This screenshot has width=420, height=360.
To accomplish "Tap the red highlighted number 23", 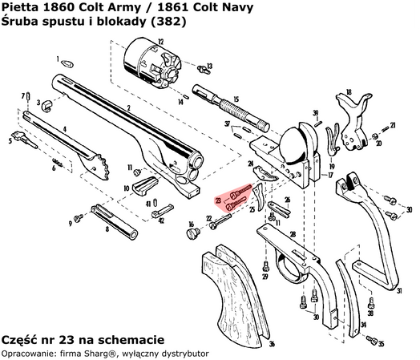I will (218, 200).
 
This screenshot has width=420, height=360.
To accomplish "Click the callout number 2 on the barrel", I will (128, 109).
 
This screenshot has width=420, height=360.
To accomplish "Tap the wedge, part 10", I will (144, 185).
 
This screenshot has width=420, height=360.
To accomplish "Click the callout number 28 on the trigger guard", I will (293, 233).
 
